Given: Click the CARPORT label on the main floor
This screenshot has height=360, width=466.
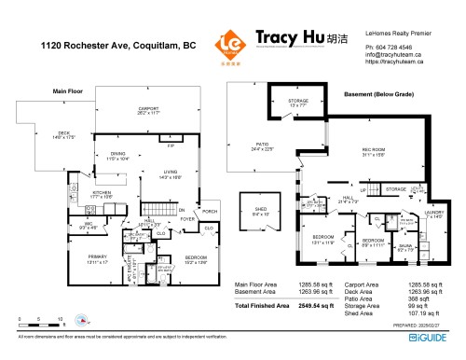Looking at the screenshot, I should [149, 108].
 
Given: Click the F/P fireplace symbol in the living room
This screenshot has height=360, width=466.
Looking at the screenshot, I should [171, 146].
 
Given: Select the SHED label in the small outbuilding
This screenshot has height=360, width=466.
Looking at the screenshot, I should [255, 212].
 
